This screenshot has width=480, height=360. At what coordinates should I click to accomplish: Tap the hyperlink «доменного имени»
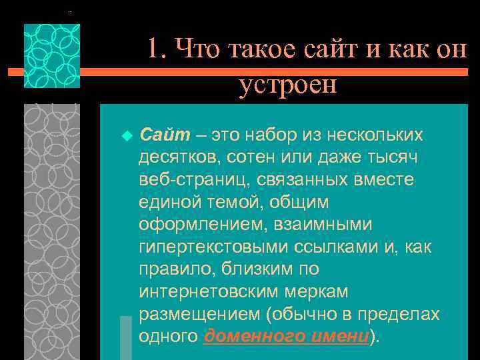pyautogui.click(x=286, y=336)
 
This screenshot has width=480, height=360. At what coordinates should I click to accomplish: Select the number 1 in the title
pyautogui.click(x=153, y=49)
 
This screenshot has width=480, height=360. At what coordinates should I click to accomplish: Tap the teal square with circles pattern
pyautogui.click(x=51, y=56)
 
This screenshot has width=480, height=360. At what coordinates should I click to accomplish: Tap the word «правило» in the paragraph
pyautogui.click(x=165, y=269)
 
